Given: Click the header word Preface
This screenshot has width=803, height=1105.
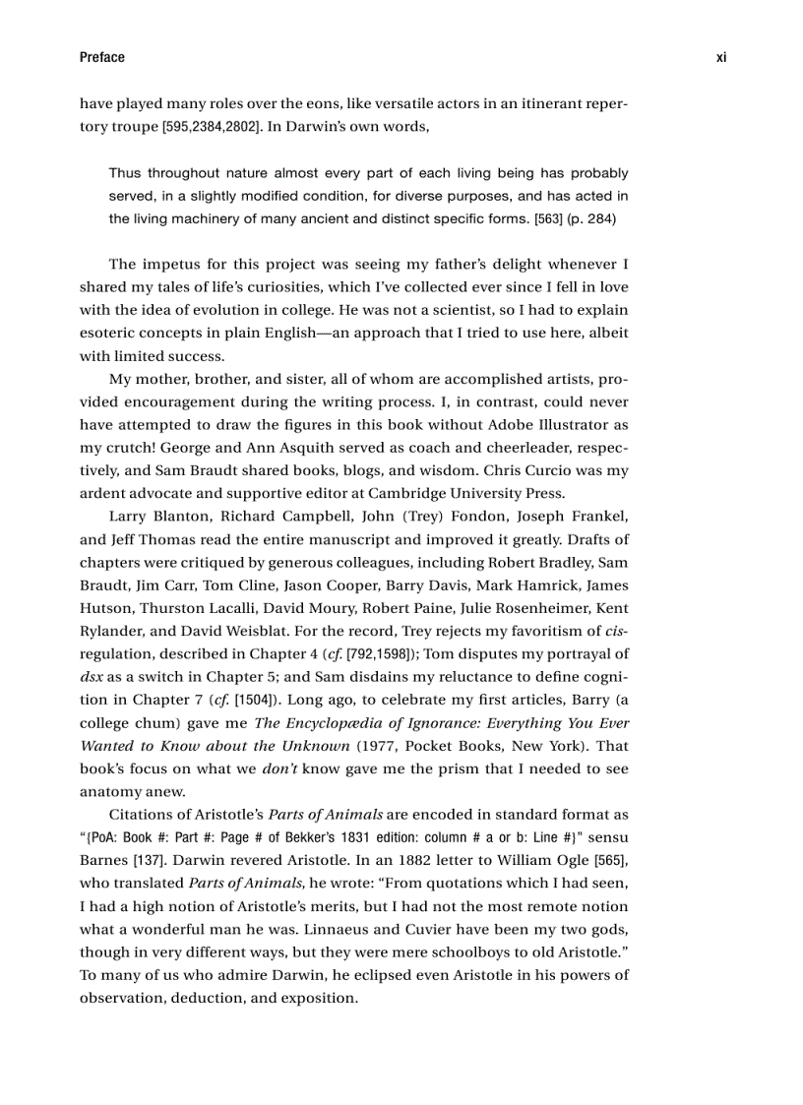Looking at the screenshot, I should pyautogui.click(x=101, y=57).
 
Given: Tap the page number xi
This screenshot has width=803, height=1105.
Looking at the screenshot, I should pyautogui.click(x=720, y=57).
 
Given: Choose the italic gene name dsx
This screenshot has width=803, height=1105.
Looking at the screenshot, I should pyautogui.click(x=92, y=676).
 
